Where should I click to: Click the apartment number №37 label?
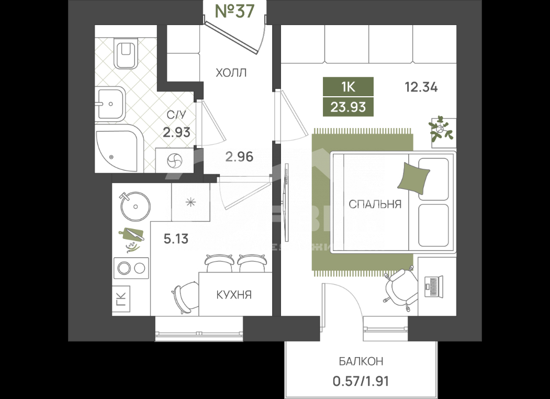[234, 12]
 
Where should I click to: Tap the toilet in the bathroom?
[126, 52]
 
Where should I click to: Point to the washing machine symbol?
[174, 161]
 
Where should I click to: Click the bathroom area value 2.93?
[176, 132]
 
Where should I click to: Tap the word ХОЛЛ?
[231, 73]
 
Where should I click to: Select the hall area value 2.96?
[239, 156]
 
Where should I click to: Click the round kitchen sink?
[136, 207]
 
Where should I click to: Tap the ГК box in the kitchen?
[121, 299]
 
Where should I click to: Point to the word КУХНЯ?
[234, 295]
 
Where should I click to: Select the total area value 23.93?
[348, 107]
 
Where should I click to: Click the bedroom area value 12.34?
[421, 87]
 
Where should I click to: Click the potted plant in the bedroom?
[442, 129]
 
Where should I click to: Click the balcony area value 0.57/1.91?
[361, 380]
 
